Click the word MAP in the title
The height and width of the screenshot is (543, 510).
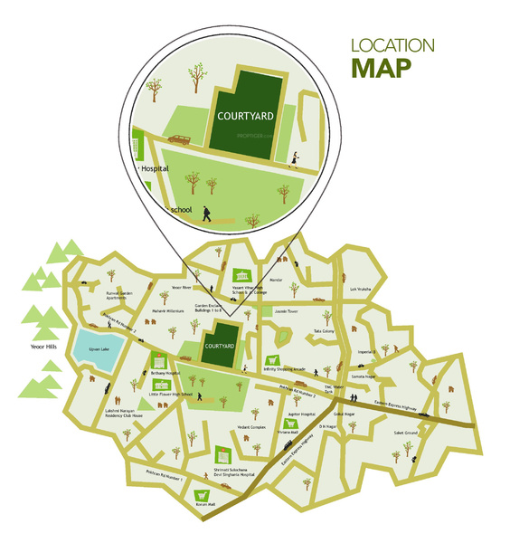point(382,67)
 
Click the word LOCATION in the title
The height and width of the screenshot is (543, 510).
point(392,44)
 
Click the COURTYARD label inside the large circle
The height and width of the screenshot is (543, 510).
point(240,116)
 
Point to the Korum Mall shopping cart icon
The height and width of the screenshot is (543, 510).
point(202,495)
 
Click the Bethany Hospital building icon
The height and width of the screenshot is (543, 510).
point(159,360)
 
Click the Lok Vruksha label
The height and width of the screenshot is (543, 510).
point(362,291)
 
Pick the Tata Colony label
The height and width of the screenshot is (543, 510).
point(324,331)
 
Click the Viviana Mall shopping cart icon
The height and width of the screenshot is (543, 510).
point(292,423)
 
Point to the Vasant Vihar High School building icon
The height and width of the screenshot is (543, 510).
point(241,275)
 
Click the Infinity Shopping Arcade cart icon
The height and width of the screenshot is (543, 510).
point(272,360)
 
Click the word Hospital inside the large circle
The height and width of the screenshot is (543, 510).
point(155,168)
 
